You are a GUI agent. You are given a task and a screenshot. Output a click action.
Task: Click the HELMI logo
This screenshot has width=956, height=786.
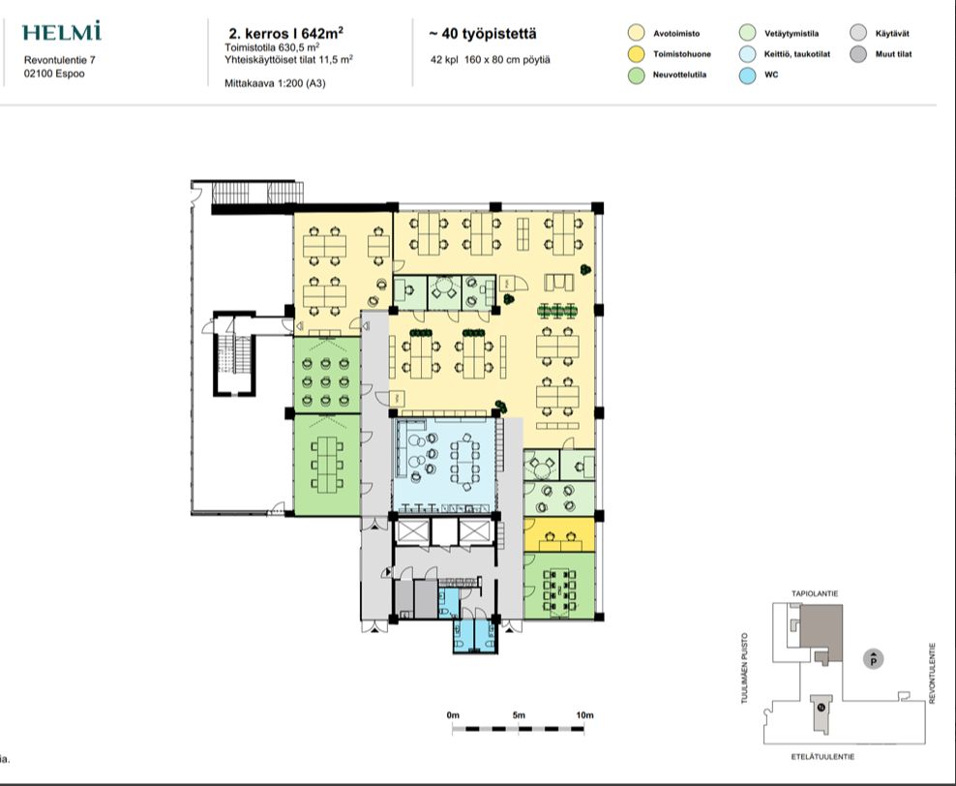tap(62, 32)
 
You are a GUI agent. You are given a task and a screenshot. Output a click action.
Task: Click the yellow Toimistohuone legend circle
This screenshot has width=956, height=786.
tap(636, 54)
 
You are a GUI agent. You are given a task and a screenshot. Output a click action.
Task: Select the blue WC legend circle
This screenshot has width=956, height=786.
tap(747, 75)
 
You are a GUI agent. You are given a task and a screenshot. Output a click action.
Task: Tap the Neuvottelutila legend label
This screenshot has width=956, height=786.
tap(680, 75)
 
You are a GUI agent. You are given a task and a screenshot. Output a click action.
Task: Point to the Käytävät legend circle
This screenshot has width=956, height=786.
tap(858, 34)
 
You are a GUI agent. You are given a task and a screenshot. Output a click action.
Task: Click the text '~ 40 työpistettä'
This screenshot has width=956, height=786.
tap(483, 34)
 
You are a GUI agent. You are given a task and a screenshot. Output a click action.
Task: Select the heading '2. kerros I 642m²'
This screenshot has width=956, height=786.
tap(285, 32)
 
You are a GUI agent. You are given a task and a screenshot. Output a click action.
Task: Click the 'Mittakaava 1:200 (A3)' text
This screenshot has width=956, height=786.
tap(275, 83)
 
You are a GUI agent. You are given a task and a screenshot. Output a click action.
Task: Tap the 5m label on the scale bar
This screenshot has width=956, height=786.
tap(519, 715)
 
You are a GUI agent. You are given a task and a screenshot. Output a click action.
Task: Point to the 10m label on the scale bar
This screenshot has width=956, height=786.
tap(584, 715)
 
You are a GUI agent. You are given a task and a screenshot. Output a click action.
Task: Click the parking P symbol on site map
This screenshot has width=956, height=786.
tap(874, 659)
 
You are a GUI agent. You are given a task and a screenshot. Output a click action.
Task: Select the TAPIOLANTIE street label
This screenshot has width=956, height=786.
tap(815, 593)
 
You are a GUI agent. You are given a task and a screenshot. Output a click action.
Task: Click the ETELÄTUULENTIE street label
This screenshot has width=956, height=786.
tap(823, 757)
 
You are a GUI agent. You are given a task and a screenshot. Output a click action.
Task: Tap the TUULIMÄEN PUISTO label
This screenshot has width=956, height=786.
tap(744, 668)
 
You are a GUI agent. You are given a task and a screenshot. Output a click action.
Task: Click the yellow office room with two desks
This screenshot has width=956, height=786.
tap(559, 534)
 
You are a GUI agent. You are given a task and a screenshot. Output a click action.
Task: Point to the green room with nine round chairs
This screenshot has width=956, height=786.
tap(327, 376)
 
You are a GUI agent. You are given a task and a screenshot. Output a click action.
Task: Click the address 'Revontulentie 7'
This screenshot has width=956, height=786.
tap(60, 60)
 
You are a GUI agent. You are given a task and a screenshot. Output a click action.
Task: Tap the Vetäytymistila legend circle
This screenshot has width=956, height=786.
tap(747, 34)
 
